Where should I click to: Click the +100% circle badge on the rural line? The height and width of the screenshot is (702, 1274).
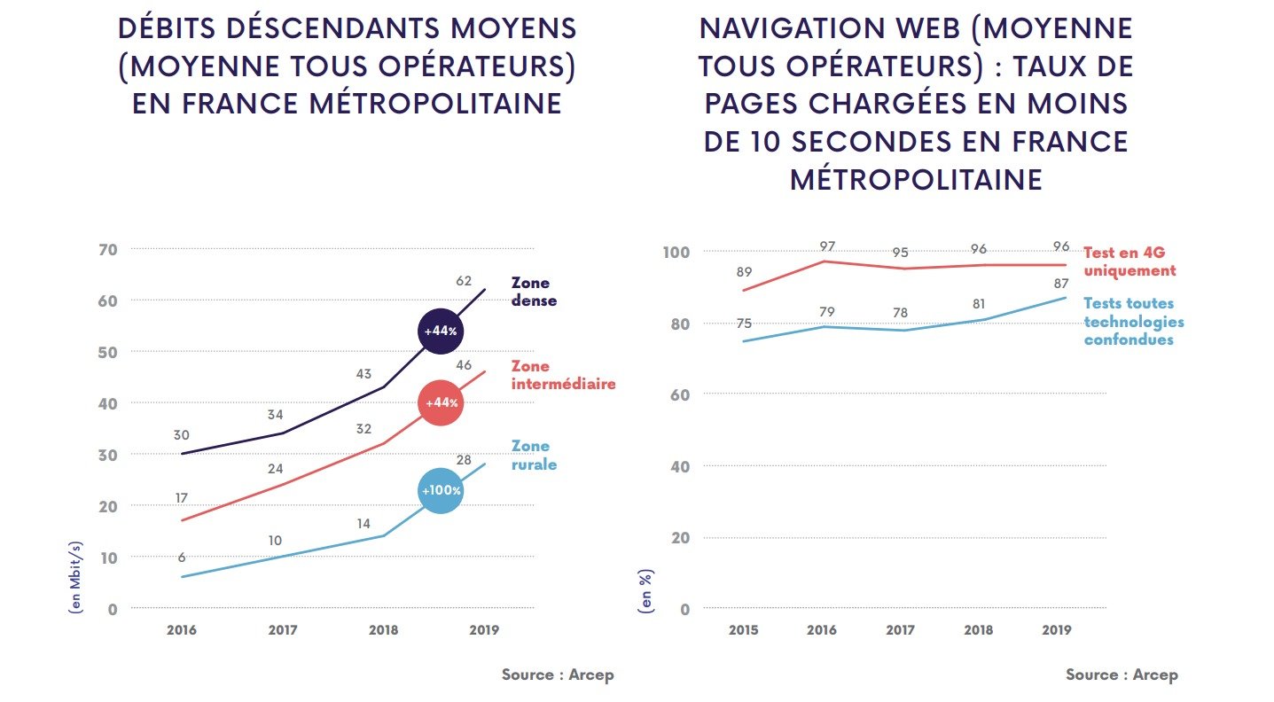tap(440, 490)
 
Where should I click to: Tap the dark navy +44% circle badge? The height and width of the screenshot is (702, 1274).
tap(440, 331)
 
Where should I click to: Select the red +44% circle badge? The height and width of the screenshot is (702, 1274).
tap(441, 402)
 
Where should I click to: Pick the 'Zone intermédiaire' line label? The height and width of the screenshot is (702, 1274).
tap(563, 375)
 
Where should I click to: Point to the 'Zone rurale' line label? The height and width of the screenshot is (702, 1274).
tap(533, 455)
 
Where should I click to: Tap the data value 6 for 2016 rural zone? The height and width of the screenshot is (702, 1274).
tap(182, 558)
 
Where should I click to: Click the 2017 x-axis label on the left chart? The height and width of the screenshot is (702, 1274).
tap(283, 630)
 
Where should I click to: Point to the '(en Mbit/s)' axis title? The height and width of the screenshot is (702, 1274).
tap(76, 576)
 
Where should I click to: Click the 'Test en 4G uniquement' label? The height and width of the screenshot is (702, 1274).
tap(1129, 262)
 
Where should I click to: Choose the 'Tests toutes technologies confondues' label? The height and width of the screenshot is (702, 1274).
tap(1134, 322)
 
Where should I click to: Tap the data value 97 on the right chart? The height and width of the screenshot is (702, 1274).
tap(826, 246)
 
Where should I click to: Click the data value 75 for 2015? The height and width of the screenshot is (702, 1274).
tap(743, 324)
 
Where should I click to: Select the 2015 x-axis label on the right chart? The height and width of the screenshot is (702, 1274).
tap(743, 630)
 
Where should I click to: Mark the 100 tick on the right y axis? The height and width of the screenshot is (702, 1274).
tap(675, 252)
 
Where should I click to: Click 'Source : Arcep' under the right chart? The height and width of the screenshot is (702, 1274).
tap(1122, 675)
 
